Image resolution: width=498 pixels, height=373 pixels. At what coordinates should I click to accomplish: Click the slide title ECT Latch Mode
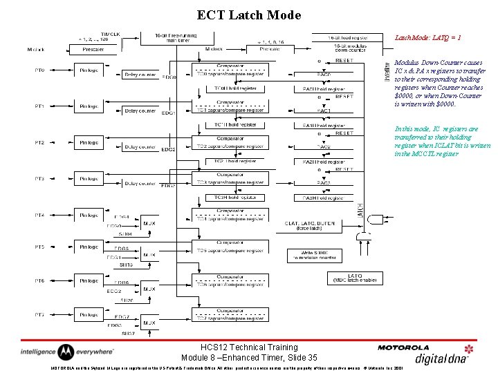(249, 15)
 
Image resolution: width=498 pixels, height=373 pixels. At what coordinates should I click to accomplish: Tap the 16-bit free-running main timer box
(175, 39)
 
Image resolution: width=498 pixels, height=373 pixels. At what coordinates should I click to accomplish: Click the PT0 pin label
(40, 70)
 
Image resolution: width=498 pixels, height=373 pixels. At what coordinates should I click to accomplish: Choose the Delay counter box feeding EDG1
(140, 110)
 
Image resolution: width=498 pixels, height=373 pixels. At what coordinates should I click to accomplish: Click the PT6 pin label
(40, 280)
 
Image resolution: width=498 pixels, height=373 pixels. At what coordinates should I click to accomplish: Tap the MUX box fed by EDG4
(149, 224)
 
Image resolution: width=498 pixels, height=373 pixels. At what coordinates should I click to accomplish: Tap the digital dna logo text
(442, 358)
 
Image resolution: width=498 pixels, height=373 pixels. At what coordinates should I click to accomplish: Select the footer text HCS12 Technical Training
(248, 347)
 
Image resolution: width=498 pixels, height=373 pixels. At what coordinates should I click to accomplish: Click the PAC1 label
(324, 111)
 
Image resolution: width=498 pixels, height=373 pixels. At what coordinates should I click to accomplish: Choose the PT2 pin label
(40, 142)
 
